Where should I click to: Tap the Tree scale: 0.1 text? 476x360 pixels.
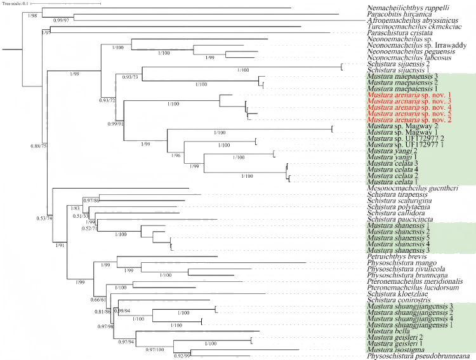click(19, 4)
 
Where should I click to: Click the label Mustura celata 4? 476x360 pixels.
click(392, 170)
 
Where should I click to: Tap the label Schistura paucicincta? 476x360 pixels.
click(398, 219)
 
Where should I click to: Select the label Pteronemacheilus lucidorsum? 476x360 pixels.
click(411, 287)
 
